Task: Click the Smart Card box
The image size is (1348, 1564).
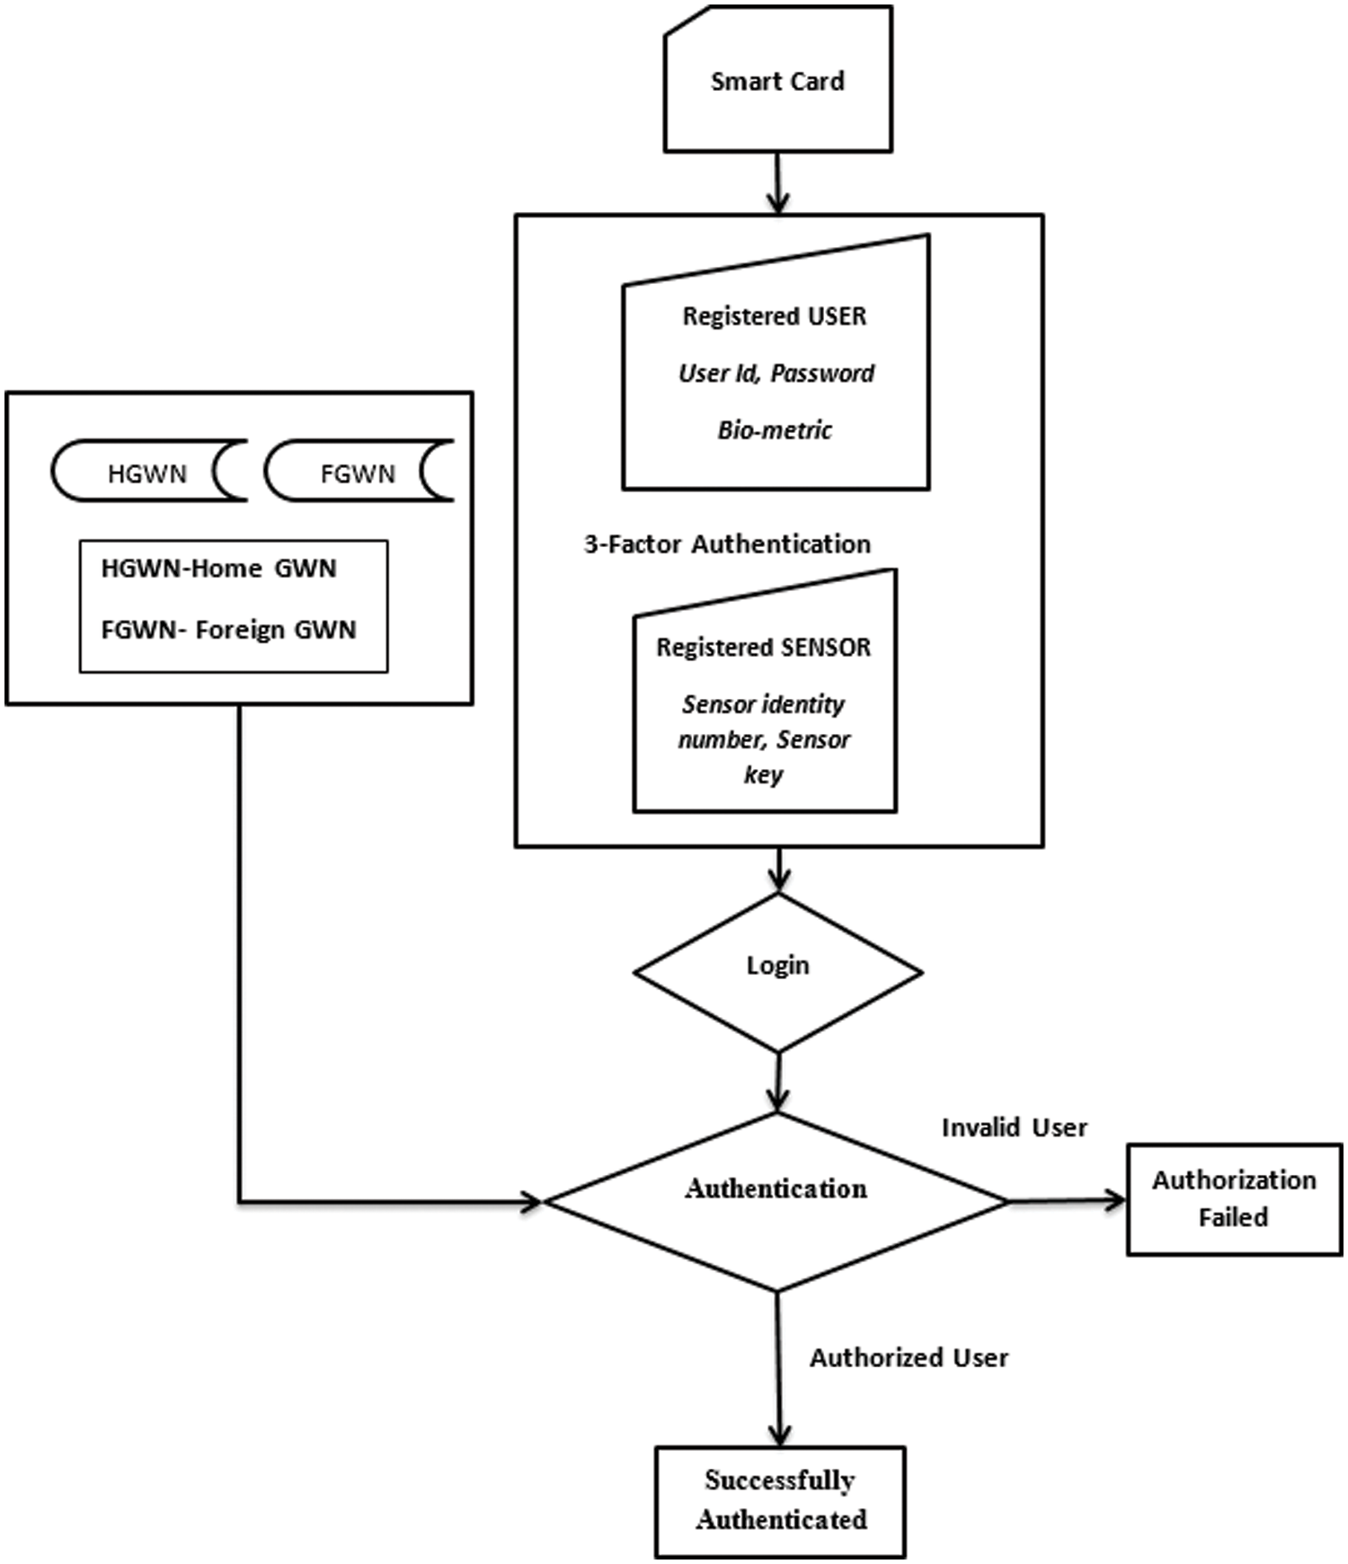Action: (x=777, y=81)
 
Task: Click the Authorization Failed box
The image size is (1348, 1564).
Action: (x=1234, y=1198)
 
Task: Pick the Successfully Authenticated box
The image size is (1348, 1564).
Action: (x=780, y=1500)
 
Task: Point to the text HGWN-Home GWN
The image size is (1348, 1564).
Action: (x=218, y=569)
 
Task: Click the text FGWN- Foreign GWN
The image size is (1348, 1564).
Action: (x=228, y=630)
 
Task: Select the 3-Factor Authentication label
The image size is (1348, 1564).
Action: (x=727, y=544)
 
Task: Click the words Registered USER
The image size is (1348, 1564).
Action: (x=775, y=316)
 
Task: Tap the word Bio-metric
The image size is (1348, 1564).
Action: (x=775, y=430)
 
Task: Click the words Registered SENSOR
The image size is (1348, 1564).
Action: (x=763, y=648)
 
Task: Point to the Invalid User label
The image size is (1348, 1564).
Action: (x=1014, y=1128)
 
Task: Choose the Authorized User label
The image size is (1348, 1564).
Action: (x=909, y=1357)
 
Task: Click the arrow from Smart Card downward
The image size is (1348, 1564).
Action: (x=778, y=183)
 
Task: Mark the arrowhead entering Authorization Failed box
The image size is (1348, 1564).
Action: (x=1116, y=1199)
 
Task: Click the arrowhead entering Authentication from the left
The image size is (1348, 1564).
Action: (x=532, y=1201)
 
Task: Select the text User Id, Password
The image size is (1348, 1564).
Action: (x=776, y=373)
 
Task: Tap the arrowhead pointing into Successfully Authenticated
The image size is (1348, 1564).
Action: (x=780, y=1434)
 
